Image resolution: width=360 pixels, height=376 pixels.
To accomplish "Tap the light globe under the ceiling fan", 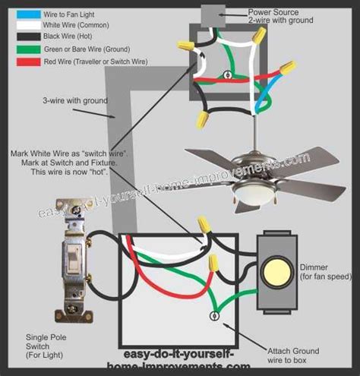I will [x=254, y=201].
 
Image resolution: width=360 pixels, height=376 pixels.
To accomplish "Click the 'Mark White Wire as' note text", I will [x=68, y=153].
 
